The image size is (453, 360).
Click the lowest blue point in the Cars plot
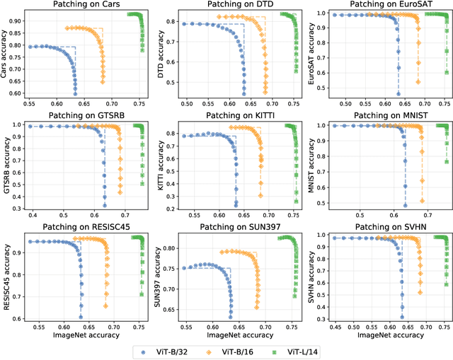[x=75, y=93]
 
